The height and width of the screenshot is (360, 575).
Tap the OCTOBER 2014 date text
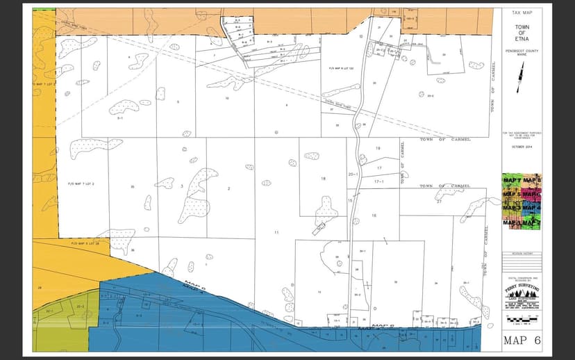click(x=521, y=147)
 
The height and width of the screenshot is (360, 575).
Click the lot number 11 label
click(x=276, y=231)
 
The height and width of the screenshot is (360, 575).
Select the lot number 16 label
click(x=374, y=215)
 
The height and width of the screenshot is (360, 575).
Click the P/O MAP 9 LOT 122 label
click(x=341, y=69)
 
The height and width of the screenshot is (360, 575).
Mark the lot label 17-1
click(x=379, y=181)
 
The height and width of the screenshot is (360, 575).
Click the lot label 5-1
click(x=120, y=119)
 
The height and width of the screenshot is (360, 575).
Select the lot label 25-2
click(x=430, y=95)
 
